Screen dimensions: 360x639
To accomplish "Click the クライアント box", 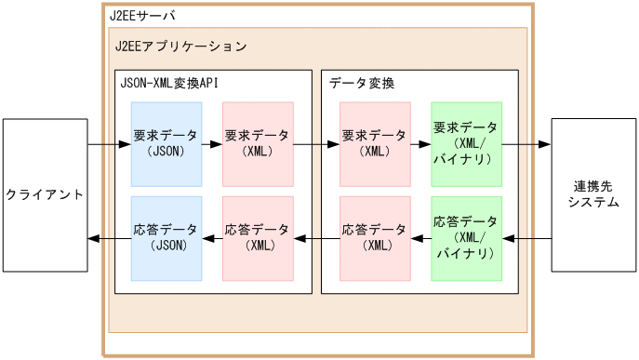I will click(x=45, y=195).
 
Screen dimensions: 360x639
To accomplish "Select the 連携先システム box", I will click(x=592, y=195).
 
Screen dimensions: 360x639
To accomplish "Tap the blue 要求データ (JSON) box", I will click(x=166, y=144).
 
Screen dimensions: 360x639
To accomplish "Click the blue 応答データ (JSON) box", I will click(x=166, y=238).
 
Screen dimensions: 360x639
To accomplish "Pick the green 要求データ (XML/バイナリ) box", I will click(x=466, y=144).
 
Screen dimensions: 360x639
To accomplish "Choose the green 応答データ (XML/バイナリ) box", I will click(x=466, y=238).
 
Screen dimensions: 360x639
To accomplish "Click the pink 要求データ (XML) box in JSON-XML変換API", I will click(x=258, y=144).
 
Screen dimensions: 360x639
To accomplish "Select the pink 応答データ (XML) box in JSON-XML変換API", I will click(x=258, y=238).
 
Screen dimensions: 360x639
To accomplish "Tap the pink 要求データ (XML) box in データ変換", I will click(x=375, y=144).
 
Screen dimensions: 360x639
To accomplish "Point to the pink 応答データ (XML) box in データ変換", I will click(x=375, y=238).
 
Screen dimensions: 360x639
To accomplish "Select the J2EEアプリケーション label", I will click(x=180, y=45).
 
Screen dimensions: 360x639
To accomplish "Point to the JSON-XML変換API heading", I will click(x=169, y=83).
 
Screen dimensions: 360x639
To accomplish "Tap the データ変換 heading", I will click(x=362, y=83).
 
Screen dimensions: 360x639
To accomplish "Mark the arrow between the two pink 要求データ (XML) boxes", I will click(x=316, y=144).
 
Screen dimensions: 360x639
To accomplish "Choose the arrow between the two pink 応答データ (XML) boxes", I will click(x=316, y=239).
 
